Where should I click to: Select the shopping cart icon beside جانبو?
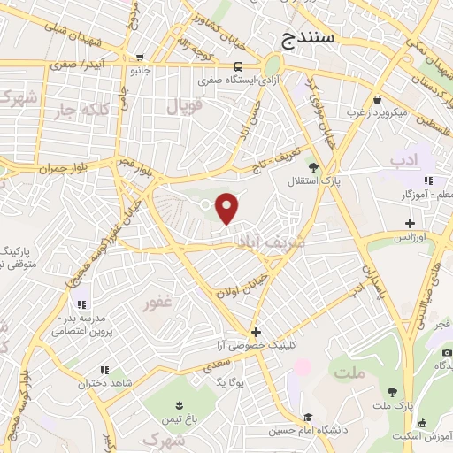[139, 58]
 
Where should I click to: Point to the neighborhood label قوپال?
[185, 106]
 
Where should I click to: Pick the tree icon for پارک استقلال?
[311, 165]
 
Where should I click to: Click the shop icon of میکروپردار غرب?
[379, 99]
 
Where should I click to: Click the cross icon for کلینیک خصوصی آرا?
[256, 332]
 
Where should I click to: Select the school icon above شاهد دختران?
[104, 370]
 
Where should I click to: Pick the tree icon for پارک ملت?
[391, 391]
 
